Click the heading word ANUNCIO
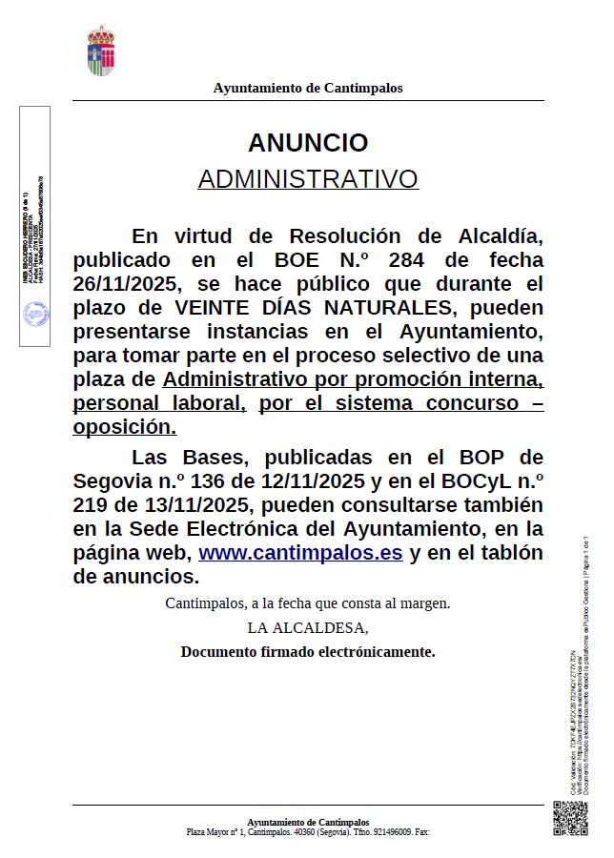tap(307, 143)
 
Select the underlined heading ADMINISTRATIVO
tap(307, 179)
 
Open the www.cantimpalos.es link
tap(299, 553)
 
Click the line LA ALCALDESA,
tap(307, 628)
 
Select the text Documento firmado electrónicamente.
tap(307, 652)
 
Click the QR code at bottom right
tap(570, 818)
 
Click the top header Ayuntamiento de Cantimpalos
tap(307, 88)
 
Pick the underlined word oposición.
tap(124, 427)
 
